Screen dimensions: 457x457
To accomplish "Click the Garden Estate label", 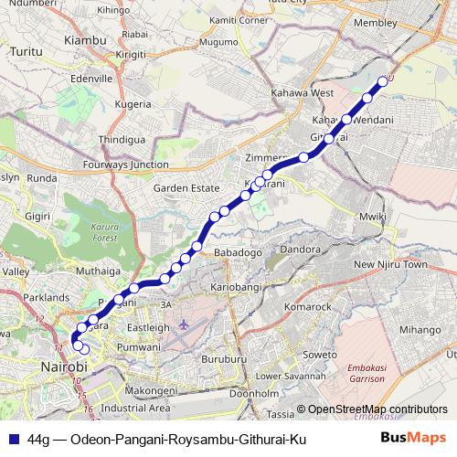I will coord(186,187).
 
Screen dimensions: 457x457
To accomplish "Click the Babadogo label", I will coord(238,251).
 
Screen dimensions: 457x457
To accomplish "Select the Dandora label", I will coord(299,249).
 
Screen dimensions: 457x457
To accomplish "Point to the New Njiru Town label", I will coord(390,264).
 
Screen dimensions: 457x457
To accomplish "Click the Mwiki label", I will coord(367,216).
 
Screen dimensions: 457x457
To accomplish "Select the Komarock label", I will coord(308,307).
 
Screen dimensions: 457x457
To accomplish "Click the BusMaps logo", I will coord(420,440).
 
